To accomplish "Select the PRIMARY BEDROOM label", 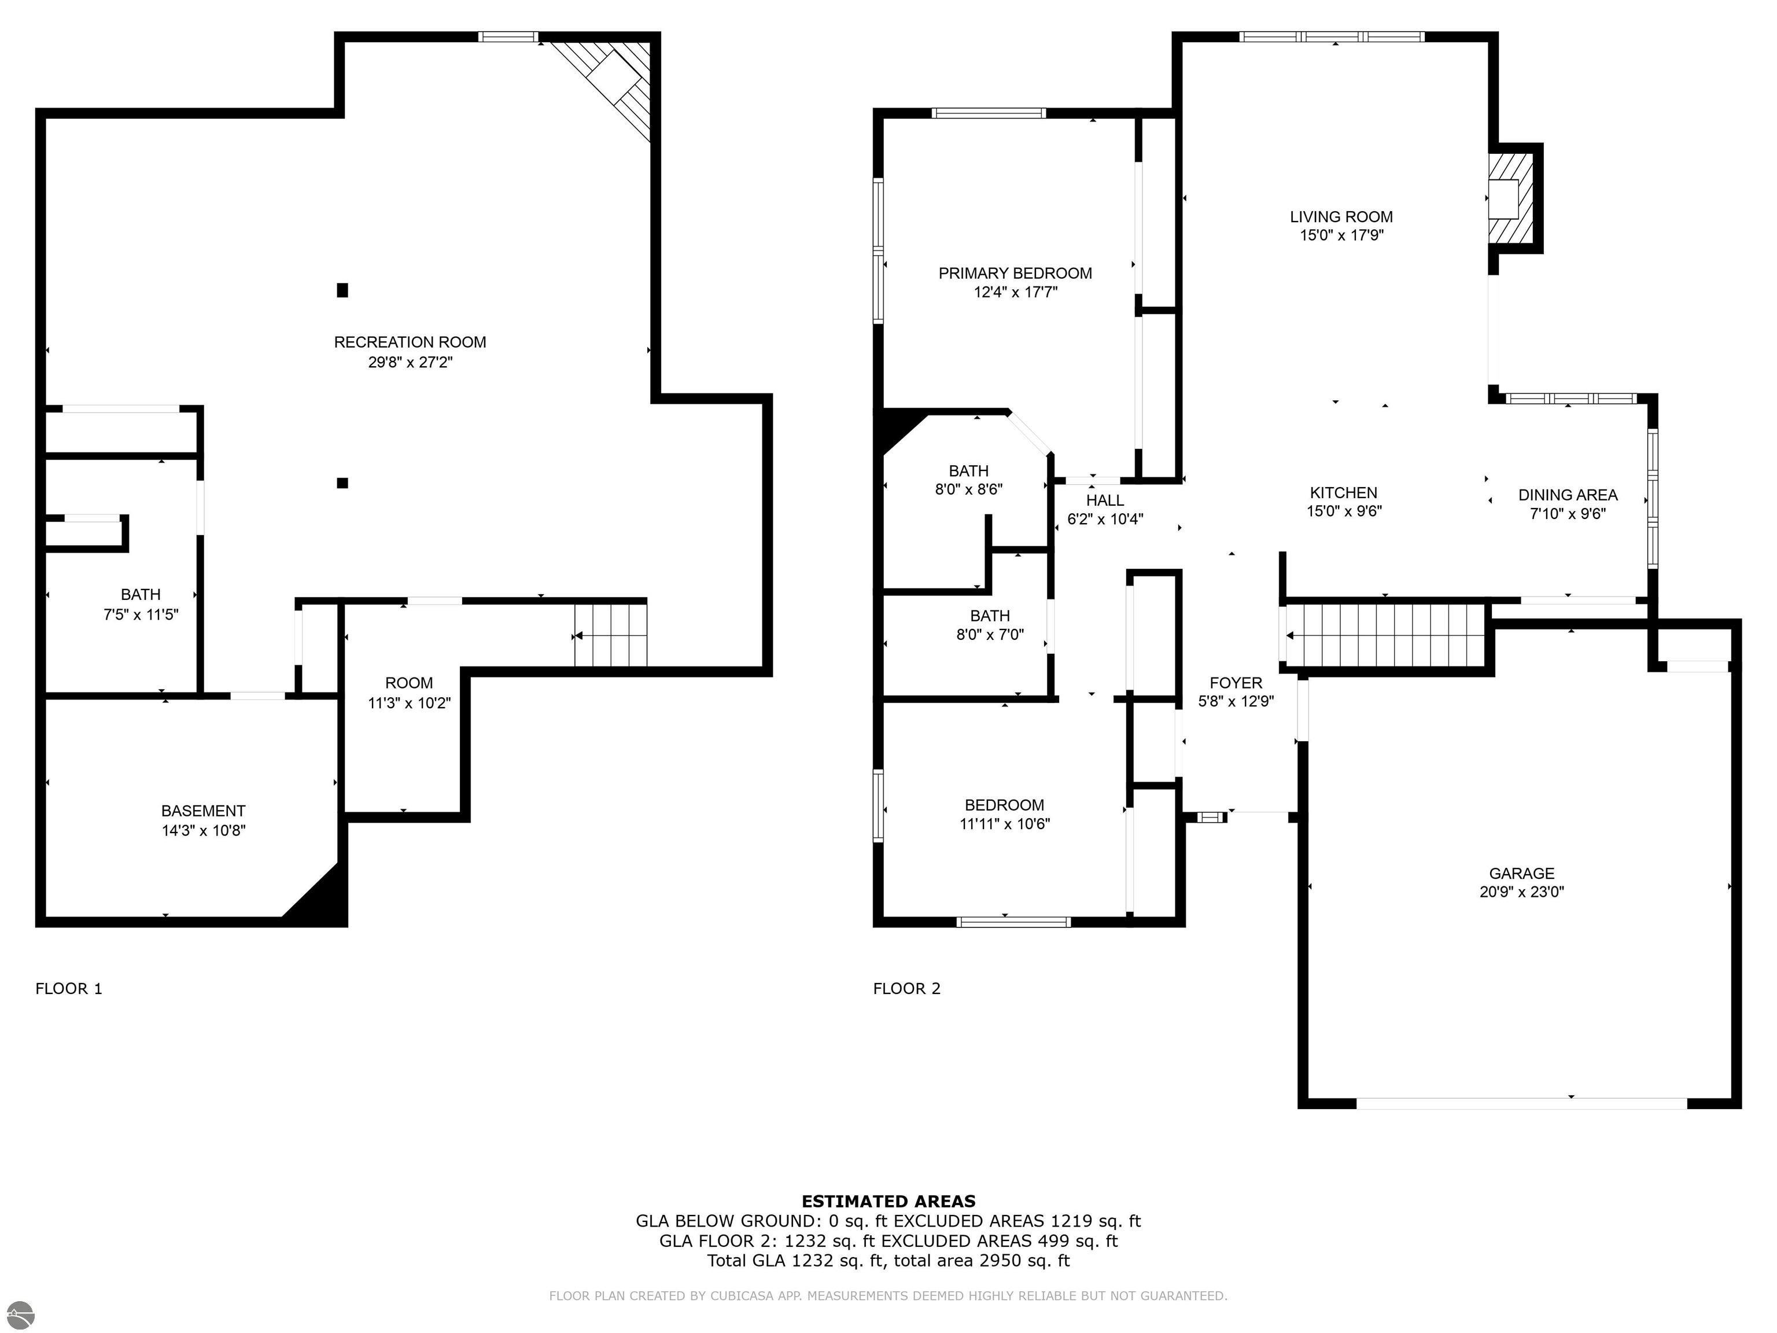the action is coord(1015,273).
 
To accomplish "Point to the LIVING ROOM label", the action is coord(1341,217).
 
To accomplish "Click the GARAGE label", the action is coord(1521,874).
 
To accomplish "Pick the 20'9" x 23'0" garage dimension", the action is coord(1521,892).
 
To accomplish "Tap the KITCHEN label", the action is coord(1344,492).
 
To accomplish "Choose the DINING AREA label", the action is coord(1568,495).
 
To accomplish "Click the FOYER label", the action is coord(1236,683).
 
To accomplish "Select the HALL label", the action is coord(1105,500).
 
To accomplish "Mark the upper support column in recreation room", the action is coord(342,290).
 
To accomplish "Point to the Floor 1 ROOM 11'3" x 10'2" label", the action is coord(410,693).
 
